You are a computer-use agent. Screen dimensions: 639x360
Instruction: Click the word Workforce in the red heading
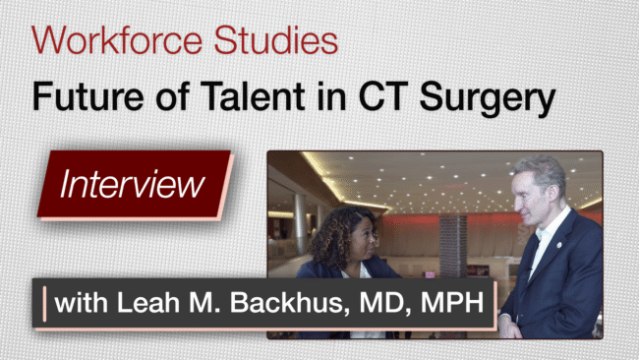pyautogui.click(x=117, y=40)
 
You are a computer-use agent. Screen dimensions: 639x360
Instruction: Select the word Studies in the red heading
pyautogui.click(x=276, y=40)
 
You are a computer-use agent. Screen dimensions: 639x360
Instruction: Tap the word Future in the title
pyautogui.click(x=88, y=96)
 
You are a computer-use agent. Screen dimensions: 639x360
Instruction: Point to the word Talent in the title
pyautogui.click(x=253, y=96)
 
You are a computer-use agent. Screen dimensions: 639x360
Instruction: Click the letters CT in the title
pyautogui.click(x=384, y=96)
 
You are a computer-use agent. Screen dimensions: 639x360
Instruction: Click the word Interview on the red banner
pyautogui.click(x=132, y=184)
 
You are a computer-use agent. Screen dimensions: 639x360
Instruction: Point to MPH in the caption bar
pyautogui.click(x=452, y=303)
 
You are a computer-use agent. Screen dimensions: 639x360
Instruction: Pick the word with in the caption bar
pyautogui.click(x=81, y=303)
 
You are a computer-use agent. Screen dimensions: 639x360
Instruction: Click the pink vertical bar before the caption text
pyautogui.click(x=44, y=304)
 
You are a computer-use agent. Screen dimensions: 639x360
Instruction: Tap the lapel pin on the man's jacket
pyautogui.click(x=559, y=245)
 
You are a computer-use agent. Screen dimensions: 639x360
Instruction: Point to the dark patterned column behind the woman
pyautogui.click(x=453, y=246)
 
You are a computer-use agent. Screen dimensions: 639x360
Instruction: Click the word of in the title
pyautogui.click(x=172, y=96)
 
